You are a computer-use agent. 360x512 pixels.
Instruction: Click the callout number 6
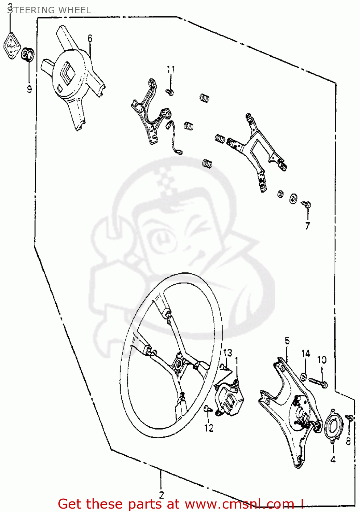click(x=90, y=38)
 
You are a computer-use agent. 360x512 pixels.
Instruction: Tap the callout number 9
click(x=29, y=89)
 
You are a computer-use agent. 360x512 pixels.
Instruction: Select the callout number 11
click(x=171, y=70)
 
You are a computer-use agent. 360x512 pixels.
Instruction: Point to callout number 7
click(x=307, y=226)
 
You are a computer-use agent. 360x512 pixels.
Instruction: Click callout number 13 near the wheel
click(x=227, y=353)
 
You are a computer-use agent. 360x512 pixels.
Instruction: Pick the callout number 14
click(x=306, y=354)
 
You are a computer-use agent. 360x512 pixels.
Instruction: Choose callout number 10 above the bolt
click(x=322, y=360)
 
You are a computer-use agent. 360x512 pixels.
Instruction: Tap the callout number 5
click(x=287, y=340)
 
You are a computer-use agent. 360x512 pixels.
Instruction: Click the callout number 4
click(x=333, y=459)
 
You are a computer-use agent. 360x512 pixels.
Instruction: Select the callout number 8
click(x=348, y=441)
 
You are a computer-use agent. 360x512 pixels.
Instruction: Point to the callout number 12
click(x=209, y=428)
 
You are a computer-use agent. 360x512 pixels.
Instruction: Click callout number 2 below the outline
click(x=161, y=495)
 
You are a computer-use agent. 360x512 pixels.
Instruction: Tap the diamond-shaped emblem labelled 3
click(x=12, y=46)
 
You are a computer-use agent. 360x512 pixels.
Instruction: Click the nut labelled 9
click(x=27, y=55)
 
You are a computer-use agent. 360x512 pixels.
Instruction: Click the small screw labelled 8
click(x=349, y=417)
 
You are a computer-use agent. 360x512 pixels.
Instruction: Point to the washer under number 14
click(x=304, y=377)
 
